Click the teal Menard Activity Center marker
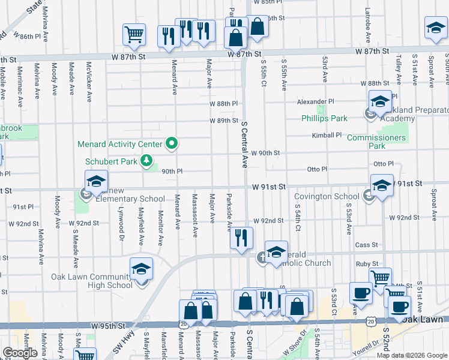172,143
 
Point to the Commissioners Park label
376,142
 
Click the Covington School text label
327,196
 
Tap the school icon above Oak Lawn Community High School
141,269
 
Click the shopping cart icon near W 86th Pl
134,35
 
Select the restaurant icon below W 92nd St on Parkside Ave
241,238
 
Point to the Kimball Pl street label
327,136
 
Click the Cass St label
366,245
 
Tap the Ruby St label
367,263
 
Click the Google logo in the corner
19,352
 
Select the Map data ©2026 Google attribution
411,355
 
